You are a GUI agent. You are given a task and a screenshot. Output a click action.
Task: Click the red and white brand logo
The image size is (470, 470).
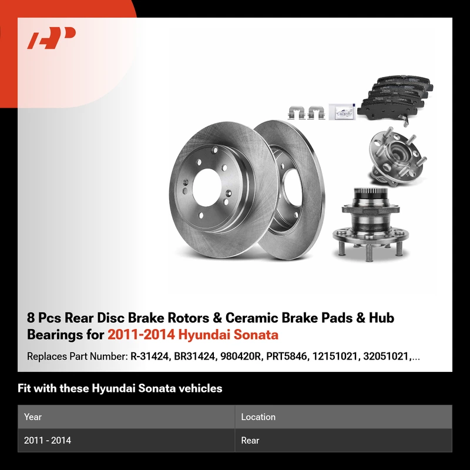pos(51,38)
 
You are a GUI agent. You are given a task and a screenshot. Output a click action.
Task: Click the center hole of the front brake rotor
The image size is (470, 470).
pos(207,187)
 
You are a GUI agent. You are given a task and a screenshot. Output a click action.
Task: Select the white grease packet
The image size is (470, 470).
pos(342,112)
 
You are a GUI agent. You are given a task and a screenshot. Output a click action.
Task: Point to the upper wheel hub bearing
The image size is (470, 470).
pos(397,156)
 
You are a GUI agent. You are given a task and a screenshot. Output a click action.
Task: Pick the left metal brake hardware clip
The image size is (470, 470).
pos(297,113)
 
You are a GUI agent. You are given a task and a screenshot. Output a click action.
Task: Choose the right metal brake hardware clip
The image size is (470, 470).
pos(316,113)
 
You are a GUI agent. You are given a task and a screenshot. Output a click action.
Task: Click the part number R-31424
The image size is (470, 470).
pos(149,356)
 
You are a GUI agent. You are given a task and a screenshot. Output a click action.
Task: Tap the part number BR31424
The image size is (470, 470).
pos(194,356)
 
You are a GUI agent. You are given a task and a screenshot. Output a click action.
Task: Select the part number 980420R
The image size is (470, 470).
pos(240,356)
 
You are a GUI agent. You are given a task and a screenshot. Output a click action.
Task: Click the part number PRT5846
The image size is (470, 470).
pos(286,356)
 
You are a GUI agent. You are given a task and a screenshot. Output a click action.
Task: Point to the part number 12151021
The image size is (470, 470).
pos(335,356)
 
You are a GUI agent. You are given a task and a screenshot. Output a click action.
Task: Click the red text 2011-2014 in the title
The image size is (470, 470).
pos(141,334)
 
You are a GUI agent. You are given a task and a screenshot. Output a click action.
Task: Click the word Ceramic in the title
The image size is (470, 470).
pos(251,318)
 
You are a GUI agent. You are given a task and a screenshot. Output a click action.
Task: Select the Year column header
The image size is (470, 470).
pos(33,417)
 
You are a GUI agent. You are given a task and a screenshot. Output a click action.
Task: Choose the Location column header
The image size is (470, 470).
pos(258,417)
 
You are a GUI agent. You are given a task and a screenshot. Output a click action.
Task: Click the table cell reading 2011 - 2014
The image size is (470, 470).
pos(48,440)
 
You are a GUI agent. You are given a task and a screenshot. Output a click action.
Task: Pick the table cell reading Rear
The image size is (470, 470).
pos(250,440)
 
